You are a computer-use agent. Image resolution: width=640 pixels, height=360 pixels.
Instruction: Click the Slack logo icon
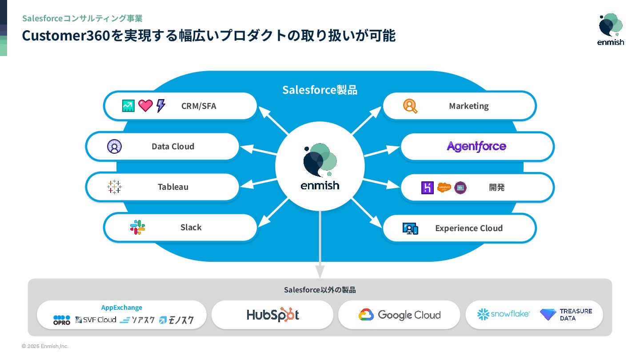click(x=137, y=227)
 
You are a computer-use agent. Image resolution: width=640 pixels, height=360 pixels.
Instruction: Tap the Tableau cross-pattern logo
click(x=114, y=187)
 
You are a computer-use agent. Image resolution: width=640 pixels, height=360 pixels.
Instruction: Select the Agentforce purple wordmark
click(x=476, y=146)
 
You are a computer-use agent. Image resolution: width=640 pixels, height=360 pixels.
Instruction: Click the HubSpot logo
click(x=272, y=315)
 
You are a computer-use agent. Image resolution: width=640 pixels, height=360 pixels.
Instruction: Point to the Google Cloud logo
click(x=399, y=315)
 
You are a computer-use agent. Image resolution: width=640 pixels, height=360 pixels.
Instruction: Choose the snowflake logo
click(x=503, y=314)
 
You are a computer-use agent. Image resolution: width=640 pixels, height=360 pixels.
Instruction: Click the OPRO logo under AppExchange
click(x=62, y=320)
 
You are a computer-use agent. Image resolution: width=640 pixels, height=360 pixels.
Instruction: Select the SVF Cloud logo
click(x=96, y=320)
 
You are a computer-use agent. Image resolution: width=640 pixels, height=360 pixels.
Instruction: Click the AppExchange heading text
click(x=122, y=308)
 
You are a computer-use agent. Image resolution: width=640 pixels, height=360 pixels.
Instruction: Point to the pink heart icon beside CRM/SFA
click(x=145, y=106)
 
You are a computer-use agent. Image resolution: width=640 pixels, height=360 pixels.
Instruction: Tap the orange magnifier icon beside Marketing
click(x=410, y=106)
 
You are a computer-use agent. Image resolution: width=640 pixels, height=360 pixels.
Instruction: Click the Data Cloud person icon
click(x=114, y=146)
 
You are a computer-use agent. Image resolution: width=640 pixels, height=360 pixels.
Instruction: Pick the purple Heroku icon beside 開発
click(x=427, y=188)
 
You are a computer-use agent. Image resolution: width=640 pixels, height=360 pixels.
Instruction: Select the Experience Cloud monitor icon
click(x=410, y=228)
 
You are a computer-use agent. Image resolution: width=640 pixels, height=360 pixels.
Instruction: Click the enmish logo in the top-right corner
click(x=611, y=29)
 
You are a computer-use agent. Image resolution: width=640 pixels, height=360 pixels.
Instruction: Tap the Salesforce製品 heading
click(x=320, y=90)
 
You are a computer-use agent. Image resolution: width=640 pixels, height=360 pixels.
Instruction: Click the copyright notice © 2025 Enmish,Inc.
click(x=45, y=346)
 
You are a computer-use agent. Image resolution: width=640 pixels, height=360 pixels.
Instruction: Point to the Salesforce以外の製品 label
click(x=320, y=290)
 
